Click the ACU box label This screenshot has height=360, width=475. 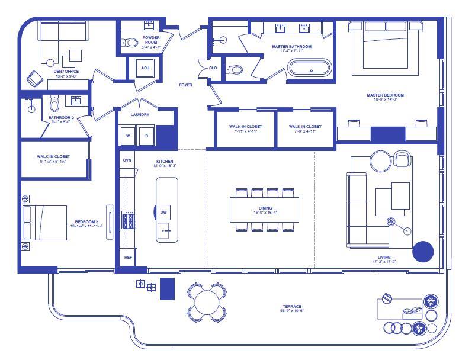[145, 68]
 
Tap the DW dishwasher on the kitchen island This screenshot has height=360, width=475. [165, 212]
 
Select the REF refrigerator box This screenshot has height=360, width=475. [127, 258]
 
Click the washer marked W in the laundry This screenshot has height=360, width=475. [127, 136]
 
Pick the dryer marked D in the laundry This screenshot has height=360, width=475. [146, 136]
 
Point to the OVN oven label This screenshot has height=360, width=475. [127, 160]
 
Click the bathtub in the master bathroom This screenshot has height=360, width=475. [310, 67]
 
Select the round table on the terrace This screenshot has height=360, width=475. [207, 300]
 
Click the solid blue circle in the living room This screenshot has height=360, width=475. [423, 252]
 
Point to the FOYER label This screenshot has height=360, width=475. [185, 85]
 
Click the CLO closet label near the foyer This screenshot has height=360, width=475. [213, 68]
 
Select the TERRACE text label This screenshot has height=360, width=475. [292, 307]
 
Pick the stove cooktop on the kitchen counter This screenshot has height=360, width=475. [127, 220]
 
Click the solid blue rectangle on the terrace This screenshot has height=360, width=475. [168, 288]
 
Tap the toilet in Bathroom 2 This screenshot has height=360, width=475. [54, 105]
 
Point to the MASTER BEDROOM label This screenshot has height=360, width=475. [385, 95]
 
